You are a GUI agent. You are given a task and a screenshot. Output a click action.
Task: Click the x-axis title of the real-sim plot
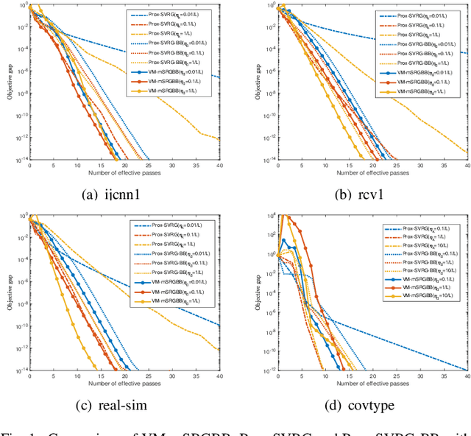pyautogui.click(x=124, y=384)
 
